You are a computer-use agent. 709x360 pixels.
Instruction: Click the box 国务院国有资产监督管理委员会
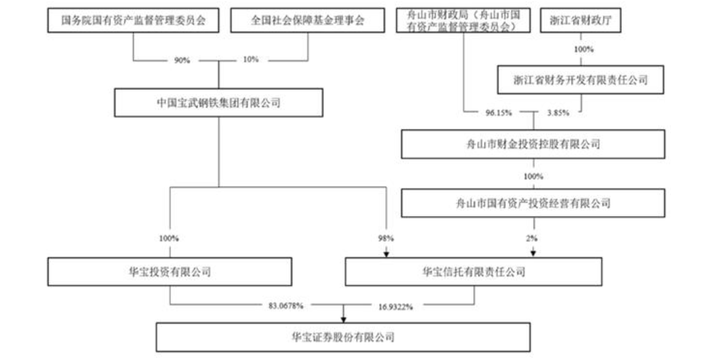(134, 21)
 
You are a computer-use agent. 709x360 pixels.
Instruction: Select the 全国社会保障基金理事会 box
(308, 21)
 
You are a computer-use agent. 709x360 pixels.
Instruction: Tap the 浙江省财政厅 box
(581, 21)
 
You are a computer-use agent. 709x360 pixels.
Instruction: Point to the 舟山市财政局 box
(463, 21)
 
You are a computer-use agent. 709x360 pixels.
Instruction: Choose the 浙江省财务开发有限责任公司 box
(581, 80)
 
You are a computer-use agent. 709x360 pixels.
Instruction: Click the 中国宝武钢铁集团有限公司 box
(219, 103)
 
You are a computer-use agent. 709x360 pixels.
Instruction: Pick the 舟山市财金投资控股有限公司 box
(533, 145)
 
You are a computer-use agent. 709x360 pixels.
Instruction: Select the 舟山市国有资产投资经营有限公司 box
(533, 203)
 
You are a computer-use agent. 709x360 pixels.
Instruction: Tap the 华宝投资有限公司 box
(170, 272)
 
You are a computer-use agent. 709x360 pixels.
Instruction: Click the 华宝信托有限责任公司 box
(474, 272)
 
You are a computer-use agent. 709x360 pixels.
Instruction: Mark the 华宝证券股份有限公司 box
(343, 337)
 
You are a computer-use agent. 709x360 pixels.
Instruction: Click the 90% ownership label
(182, 61)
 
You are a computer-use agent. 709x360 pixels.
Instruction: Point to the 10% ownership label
(251, 60)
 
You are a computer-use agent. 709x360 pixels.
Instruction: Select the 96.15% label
(499, 113)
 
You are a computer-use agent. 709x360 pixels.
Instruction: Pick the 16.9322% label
(395, 307)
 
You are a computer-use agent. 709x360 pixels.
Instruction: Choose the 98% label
(386, 238)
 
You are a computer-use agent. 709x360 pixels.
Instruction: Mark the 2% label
(532, 238)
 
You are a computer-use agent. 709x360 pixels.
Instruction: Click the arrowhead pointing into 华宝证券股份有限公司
(343, 319)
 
